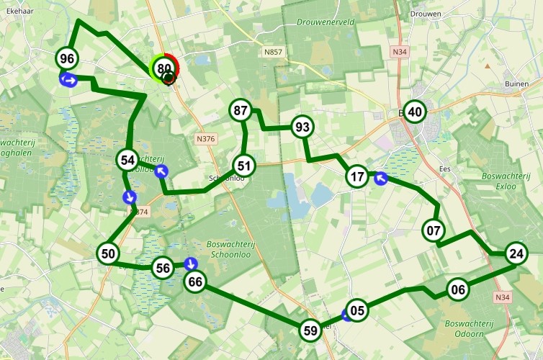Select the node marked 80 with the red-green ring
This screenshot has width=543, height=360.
(165, 68)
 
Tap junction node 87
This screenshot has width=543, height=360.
(241, 111)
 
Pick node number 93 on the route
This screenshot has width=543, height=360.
(302, 127)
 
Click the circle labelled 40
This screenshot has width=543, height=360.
(415, 112)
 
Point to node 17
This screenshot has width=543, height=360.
(357, 176)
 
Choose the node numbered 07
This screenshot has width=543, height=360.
(434, 231)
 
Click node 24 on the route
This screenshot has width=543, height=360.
(516, 253)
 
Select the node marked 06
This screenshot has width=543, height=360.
(457, 290)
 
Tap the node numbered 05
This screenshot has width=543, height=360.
(358, 311)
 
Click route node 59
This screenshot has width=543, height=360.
(310, 330)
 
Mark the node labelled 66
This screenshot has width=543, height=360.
(194, 282)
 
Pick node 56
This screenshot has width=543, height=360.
(163, 269)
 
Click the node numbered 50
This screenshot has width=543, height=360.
(108, 253)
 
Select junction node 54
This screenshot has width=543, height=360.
(128, 160)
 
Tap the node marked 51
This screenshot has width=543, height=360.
(244, 166)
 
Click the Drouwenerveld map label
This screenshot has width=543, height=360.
(326, 22)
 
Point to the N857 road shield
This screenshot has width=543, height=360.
(273, 52)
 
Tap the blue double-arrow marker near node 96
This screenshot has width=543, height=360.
(69, 79)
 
